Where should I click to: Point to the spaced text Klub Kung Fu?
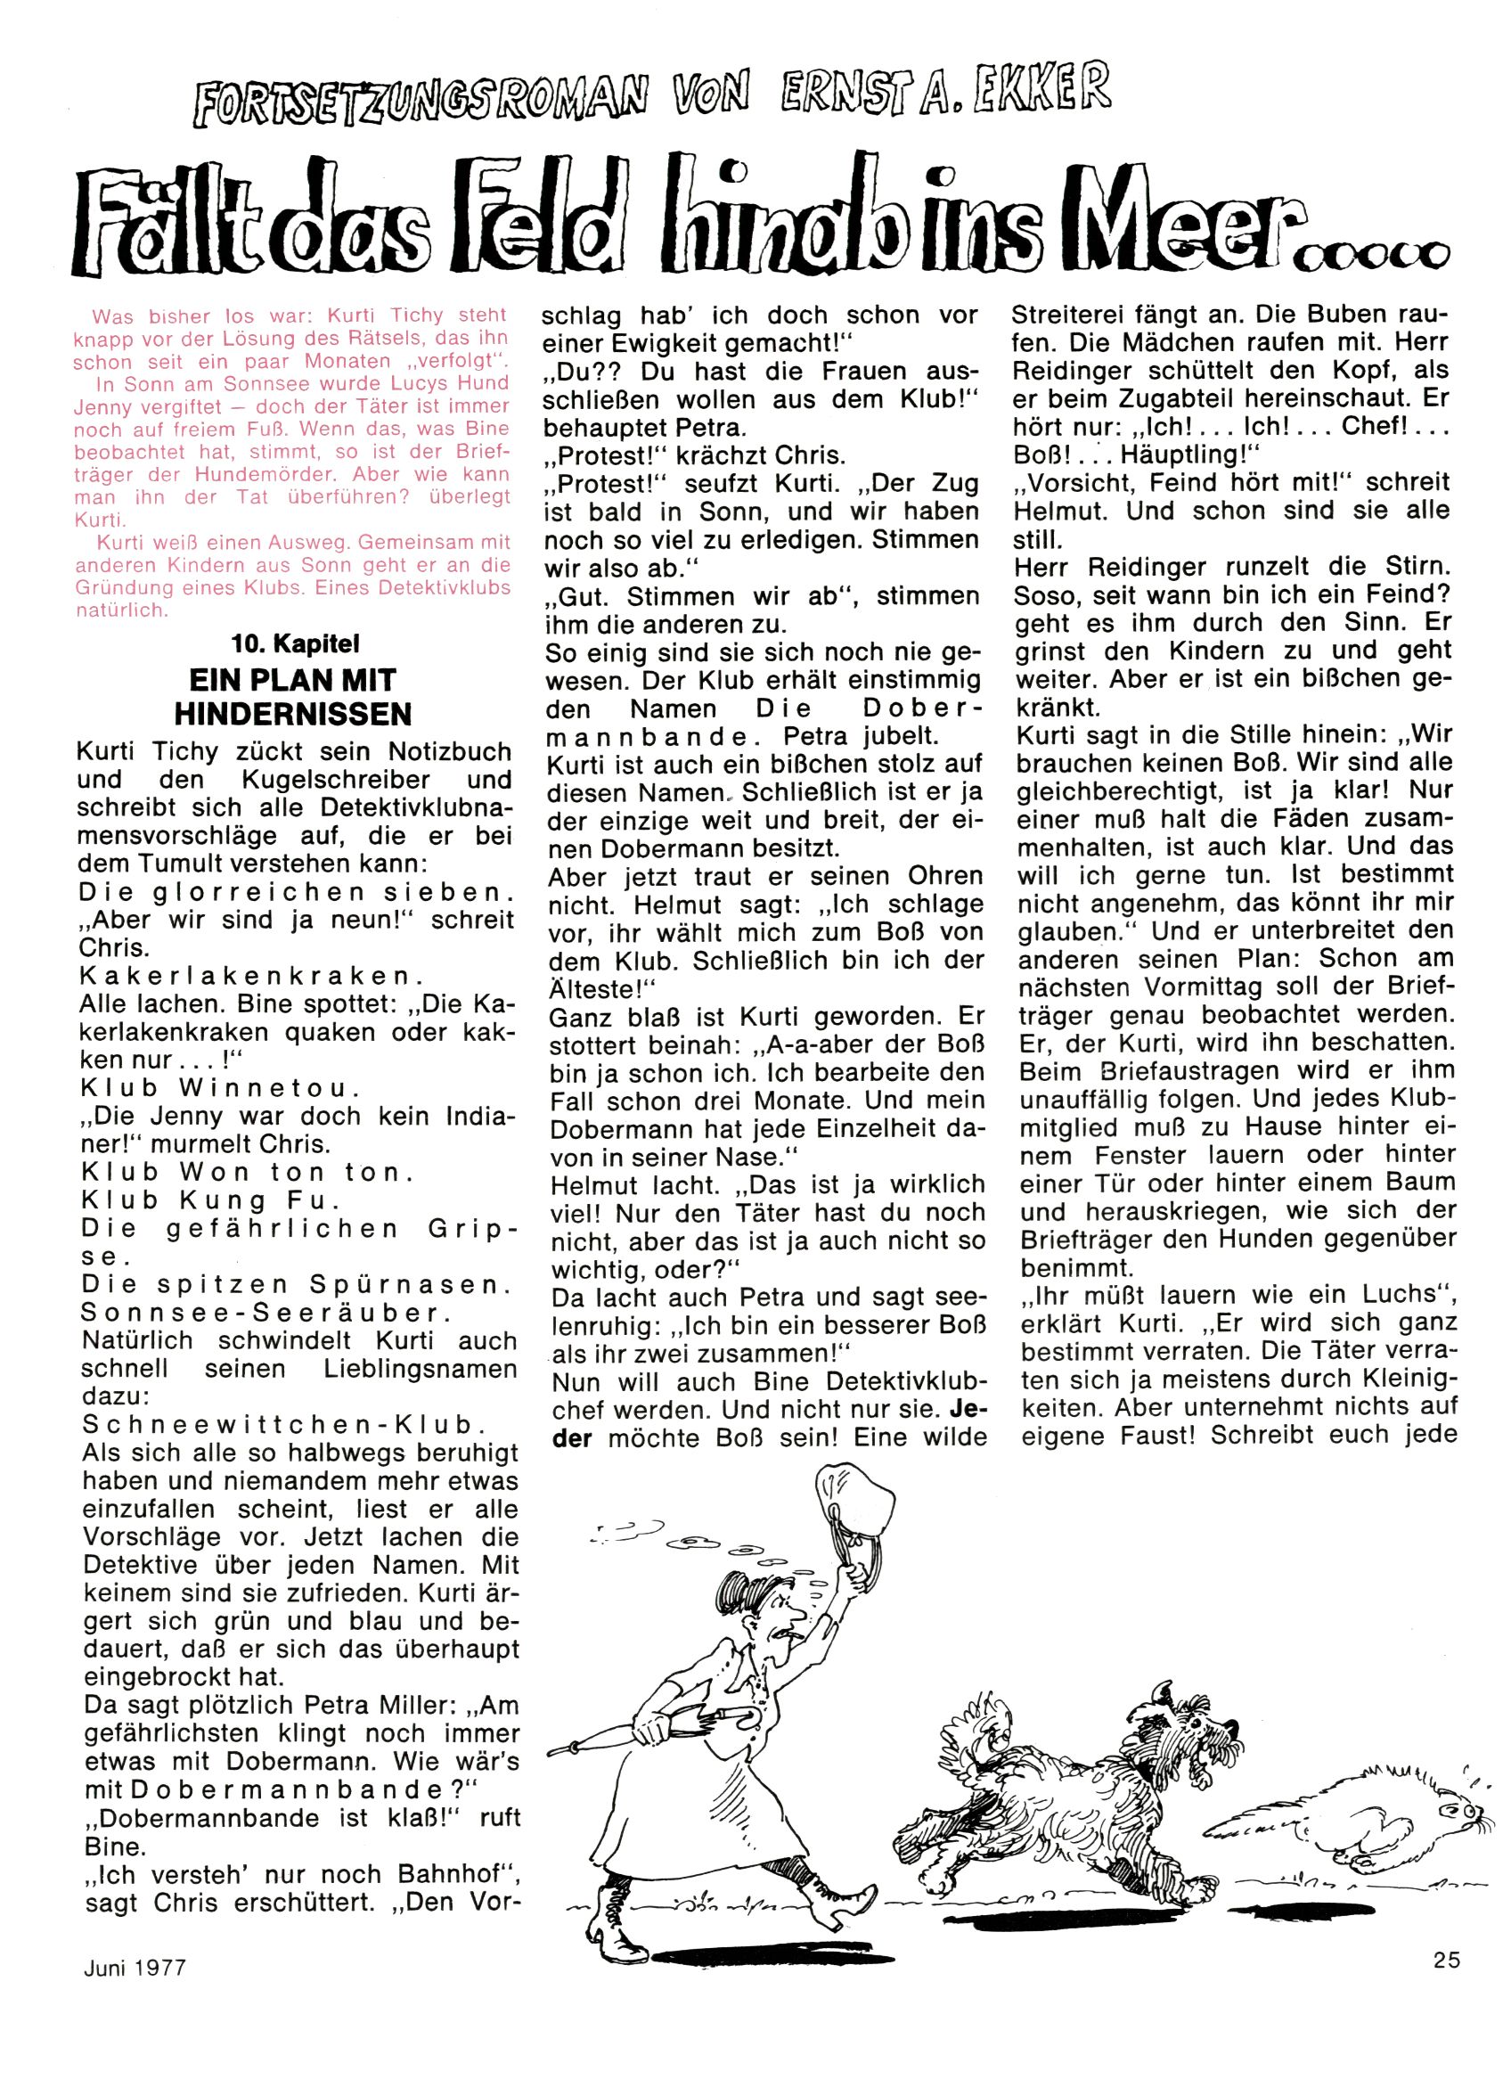pos(212,1200)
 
